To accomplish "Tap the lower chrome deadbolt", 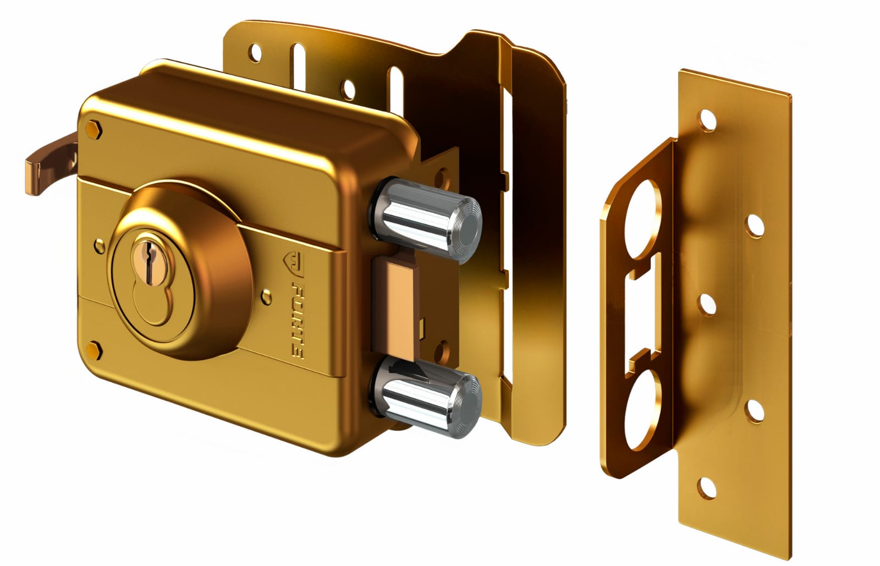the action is point(426,397).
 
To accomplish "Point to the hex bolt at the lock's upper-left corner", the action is point(94,130).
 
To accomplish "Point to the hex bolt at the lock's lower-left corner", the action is point(94,351).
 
